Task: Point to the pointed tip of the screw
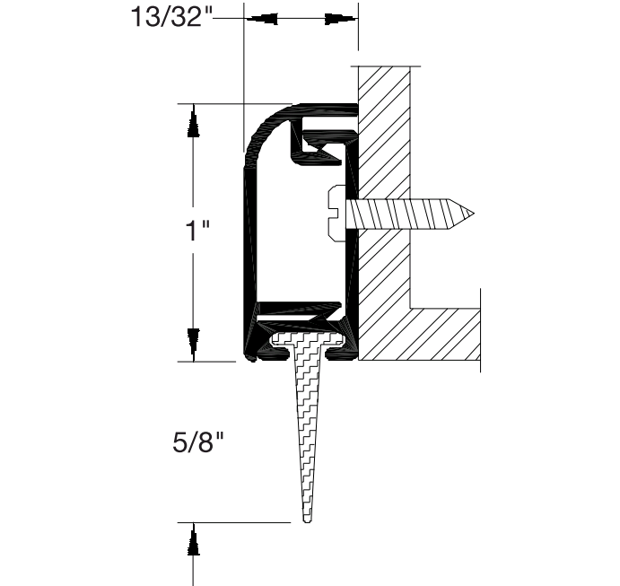pos(470,213)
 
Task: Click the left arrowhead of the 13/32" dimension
pos(261,18)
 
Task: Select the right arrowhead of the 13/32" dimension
pos(339,18)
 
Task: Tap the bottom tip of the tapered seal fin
pos(308,519)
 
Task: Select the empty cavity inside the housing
pos(296,233)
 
